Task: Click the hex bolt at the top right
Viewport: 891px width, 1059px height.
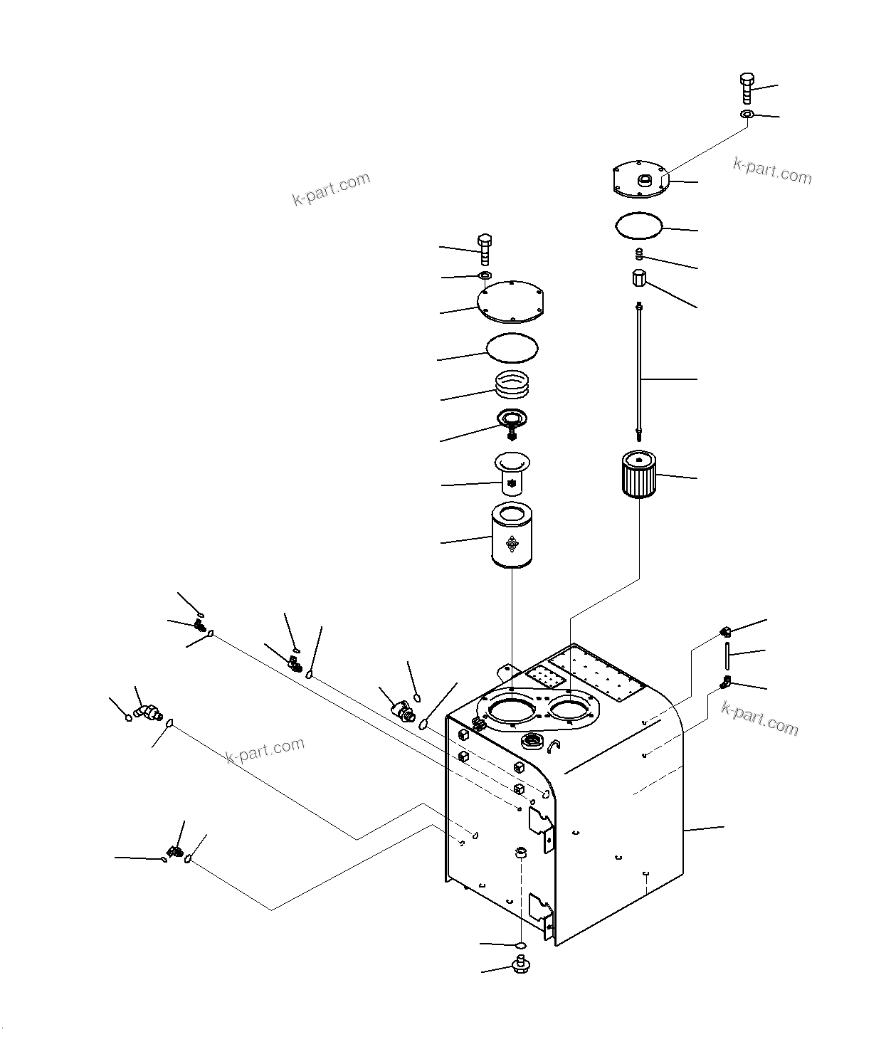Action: tap(746, 88)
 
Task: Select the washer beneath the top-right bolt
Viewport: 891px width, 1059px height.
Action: tap(747, 114)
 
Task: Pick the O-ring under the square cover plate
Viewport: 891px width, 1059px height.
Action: tap(639, 226)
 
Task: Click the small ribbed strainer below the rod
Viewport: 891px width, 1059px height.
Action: tap(638, 474)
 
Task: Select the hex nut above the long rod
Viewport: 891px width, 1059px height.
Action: tap(638, 278)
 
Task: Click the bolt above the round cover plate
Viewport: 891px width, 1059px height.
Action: tap(485, 249)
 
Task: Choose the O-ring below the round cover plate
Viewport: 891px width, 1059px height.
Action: tap(512, 348)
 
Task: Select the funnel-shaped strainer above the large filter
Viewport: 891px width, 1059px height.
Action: tap(512, 474)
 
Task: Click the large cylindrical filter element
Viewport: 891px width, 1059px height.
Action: tap(512, 536)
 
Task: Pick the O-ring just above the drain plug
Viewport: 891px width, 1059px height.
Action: tap(520, 944)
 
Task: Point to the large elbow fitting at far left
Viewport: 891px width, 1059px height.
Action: tap(147, 712)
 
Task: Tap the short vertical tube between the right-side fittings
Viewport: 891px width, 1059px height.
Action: tap(727, 652)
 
